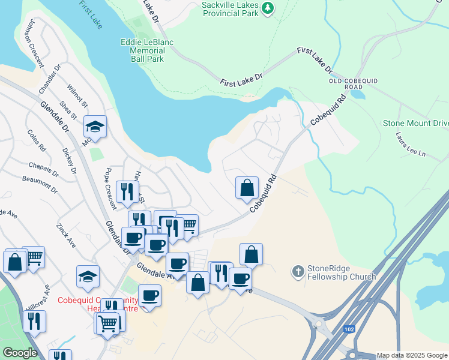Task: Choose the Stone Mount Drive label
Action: pos(415,123)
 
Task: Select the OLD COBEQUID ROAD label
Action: pos(345,83)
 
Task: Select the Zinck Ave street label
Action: pos(65,236)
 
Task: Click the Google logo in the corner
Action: pos(20,353)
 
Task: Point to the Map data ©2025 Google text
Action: pos(411,355)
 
